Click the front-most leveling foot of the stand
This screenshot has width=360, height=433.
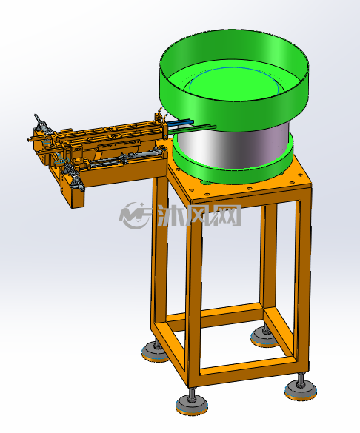tap(190, 404)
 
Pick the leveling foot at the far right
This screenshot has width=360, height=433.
tap(301, 389)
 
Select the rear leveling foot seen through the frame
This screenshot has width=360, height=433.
tap(264, 337)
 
